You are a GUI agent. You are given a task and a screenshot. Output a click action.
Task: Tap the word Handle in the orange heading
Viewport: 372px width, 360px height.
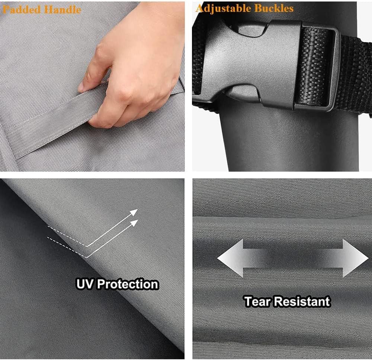pos(62,10)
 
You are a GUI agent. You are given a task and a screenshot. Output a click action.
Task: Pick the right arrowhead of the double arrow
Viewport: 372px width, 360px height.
pos(355,258)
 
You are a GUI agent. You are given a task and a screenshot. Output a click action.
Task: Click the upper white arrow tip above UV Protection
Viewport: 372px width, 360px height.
pos(134,212)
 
